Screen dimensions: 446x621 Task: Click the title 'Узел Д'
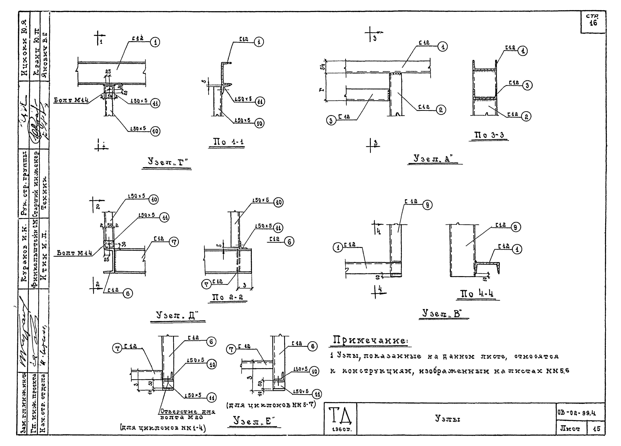point(177,316)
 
